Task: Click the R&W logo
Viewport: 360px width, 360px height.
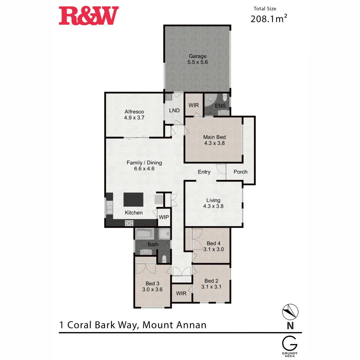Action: tap(89, 16)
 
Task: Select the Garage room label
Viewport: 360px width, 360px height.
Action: tap(198, 59)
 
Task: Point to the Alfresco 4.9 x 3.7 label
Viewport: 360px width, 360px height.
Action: tap(134, 115)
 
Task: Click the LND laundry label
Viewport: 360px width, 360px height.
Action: tap(174, 111)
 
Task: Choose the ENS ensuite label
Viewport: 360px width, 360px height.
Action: tap(220, 106)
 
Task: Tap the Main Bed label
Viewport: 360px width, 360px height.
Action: tap(214, 140)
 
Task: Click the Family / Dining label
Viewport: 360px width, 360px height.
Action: tap(144, 166)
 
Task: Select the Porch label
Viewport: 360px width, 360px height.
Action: tap(240, 172)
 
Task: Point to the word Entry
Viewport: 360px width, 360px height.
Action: tap(204, 172)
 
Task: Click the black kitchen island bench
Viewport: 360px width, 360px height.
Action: tap(133, 200)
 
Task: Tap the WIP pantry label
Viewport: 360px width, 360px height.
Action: tap(164, 217)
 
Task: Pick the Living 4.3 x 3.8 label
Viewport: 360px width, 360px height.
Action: tap(213, 203)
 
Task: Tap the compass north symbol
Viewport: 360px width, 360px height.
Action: tap(290, 312)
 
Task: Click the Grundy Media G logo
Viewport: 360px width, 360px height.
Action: tap(290, 344)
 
